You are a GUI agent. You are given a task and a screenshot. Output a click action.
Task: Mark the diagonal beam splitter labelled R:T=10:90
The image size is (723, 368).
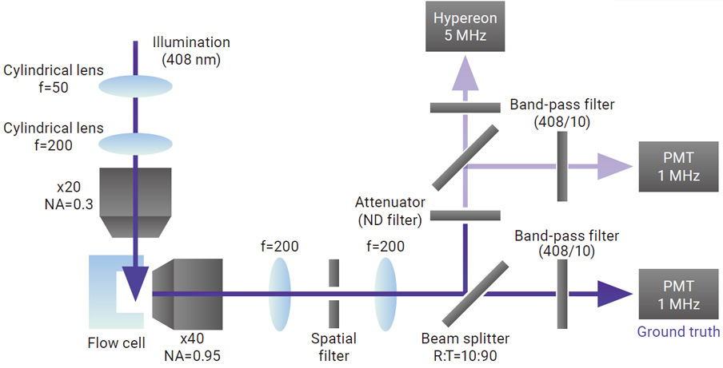pyautogui.click(x=475, y=292)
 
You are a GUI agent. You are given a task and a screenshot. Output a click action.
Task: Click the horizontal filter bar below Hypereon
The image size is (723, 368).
pyautogui.click(x=465, y=107)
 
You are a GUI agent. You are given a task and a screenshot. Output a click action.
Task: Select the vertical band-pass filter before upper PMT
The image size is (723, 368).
pyautogui.click(x=562, y=166)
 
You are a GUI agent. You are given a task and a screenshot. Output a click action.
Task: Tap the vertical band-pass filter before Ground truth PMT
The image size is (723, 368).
pyautogui.click(x=562, y=293)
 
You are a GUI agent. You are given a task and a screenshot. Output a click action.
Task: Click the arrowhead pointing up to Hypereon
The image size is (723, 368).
pyautogui.click(x=465, y=73)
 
